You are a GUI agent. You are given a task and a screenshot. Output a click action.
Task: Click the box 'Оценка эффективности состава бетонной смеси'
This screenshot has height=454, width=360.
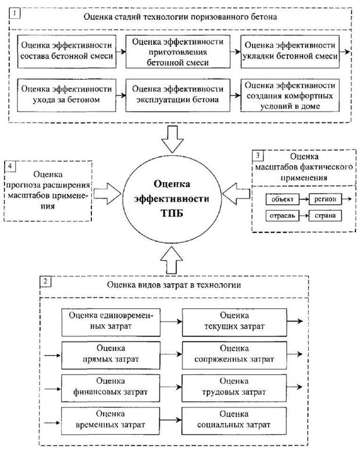click(x=66, y=51)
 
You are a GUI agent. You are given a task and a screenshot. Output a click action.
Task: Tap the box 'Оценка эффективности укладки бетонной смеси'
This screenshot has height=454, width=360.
click(x=290, y=51)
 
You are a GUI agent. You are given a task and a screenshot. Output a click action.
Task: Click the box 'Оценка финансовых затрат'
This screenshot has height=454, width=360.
click(x=111, y=386)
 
